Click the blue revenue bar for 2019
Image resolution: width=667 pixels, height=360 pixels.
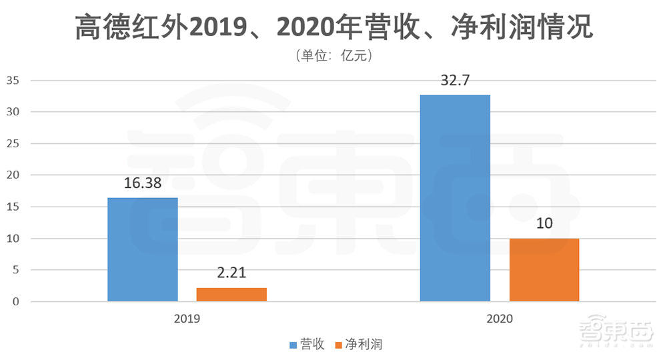143,249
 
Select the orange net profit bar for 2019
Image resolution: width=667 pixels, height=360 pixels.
231,294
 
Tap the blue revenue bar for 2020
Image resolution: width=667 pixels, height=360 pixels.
455,198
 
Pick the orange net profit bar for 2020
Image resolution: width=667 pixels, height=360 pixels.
544,269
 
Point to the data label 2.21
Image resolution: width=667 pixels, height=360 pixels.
231,274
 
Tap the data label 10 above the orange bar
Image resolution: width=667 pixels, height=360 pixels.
544,223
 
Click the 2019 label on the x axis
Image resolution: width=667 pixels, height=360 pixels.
187,319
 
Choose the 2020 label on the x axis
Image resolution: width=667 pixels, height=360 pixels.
500,319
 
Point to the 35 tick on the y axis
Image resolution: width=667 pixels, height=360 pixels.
14,81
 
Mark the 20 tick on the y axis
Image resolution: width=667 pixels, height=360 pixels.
14,175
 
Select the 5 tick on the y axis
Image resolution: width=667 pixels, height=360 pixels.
17,271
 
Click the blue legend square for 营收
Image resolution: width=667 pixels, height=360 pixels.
293,345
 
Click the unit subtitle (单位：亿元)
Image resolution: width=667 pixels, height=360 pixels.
333,56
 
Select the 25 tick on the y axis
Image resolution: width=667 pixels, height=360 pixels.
14,144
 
